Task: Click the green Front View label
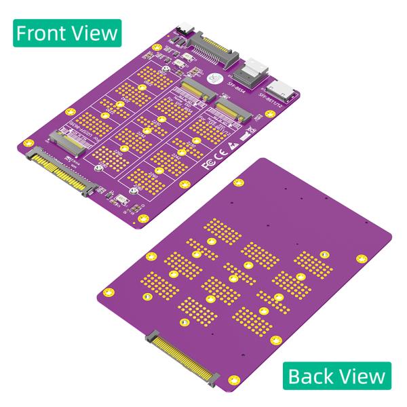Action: pyautogui.click(x=66, y=33)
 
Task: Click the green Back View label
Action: pyautogui.click(x=336, y=375)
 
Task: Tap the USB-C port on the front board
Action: pyautogui.click(x=187, y=31)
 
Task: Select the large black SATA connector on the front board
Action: pyautogui.click(x=211, y=49)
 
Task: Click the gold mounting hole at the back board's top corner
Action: pyautogui.click(x=238, y=182)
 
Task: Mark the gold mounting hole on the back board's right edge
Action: pyautogui.click(x=362, y=258)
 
